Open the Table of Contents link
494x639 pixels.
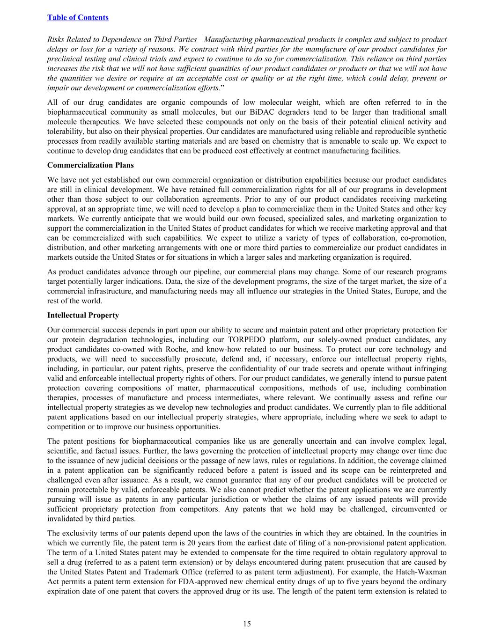(x=78, y=17)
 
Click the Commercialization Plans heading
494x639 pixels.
(x=90, y=165)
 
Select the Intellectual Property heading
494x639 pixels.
(x=83, y=315)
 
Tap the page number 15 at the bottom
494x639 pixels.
(x=247, y=624)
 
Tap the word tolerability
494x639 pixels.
(x=65, y=132)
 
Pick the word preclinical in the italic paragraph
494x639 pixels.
(x=65, y=59)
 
